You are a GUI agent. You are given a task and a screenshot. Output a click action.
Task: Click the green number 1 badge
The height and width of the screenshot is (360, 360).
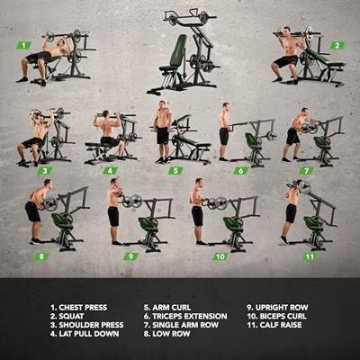pos(23,46)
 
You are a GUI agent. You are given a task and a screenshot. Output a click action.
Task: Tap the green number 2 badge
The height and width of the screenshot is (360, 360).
pos(337,46)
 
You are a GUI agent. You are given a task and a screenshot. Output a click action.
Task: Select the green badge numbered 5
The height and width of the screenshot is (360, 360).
pos(175,171)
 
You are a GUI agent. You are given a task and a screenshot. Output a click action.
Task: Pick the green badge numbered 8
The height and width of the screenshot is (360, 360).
pos(41,256)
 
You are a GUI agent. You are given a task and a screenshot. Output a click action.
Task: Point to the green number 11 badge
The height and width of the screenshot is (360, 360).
pos(310,256)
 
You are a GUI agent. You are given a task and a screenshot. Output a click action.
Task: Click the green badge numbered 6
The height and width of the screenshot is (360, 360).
pos(241,171)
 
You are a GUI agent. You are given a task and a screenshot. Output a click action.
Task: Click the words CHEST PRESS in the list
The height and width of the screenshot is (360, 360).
pos(83,308)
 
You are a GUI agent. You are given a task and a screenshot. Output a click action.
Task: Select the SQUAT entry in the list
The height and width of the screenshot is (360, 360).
pos(71,316)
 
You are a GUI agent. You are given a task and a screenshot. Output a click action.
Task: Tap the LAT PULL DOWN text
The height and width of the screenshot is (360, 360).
pos(89,334)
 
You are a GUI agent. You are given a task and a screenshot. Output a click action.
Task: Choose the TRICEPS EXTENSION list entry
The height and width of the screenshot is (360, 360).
pos(190,316)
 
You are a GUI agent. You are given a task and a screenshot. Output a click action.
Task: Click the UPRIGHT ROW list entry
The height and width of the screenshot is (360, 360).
pos(282,308)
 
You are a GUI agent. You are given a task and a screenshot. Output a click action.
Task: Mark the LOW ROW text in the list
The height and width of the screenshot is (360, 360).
pos(171,334)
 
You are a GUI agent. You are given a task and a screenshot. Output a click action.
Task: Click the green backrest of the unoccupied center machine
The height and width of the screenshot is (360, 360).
pos(178,50)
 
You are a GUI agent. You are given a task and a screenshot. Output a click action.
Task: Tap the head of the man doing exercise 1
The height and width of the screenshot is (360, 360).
pos(62,41)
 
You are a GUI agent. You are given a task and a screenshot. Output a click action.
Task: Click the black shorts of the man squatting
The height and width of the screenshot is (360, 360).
pos(286,61)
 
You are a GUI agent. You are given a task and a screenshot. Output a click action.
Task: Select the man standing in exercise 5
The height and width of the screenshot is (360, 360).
pos(163,132)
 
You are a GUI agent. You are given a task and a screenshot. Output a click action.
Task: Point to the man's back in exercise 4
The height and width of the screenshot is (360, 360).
pos(108,128)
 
